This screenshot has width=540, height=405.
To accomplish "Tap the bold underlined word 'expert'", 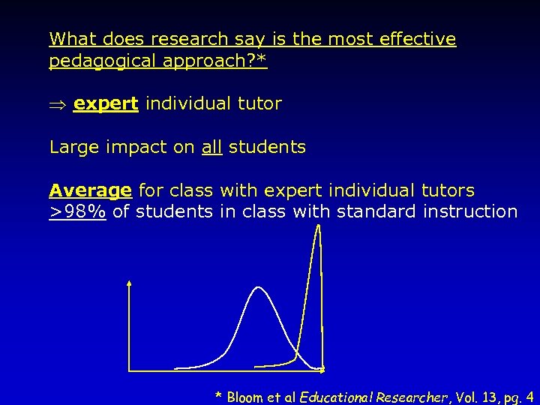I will (106, 104).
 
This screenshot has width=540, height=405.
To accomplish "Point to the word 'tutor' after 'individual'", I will (259, 104).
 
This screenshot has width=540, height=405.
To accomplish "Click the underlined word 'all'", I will (212, 147).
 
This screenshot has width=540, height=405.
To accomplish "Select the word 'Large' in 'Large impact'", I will (70, 148).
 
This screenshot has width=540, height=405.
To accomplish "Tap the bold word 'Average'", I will (91, 190).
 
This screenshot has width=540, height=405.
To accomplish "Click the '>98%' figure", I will (77, 211).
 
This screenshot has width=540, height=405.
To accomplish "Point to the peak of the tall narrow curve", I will (318, 227).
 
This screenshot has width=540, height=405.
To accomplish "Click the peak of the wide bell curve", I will (258, 287).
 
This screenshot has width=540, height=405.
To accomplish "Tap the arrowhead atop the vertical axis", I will (130, 283).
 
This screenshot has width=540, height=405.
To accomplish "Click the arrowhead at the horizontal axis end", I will (322, 370).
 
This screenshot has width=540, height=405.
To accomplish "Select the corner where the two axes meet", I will (130, 370).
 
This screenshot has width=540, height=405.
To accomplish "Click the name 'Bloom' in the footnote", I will (245, 397).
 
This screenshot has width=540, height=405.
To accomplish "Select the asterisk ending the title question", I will (261, 58).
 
